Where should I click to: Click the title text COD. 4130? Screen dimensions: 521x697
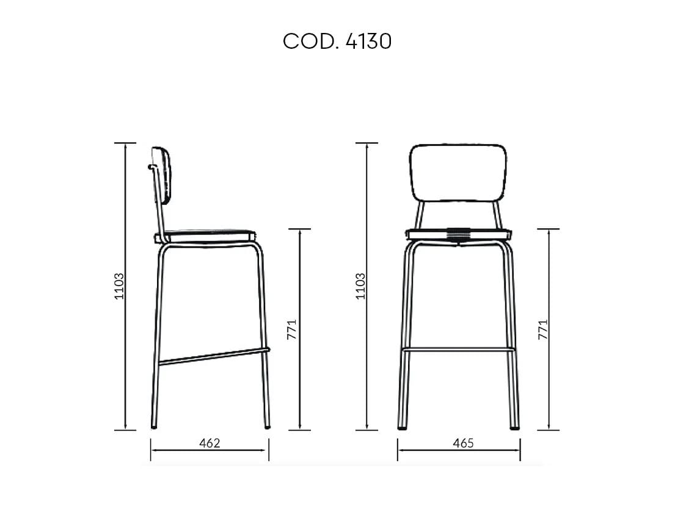pos(337,41)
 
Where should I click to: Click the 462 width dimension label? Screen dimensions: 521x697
pos(209,443)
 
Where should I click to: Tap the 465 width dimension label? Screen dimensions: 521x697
pos(463,443)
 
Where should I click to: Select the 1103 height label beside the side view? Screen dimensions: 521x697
pos(119,286)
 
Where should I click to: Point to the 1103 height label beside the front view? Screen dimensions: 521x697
pos(360,286)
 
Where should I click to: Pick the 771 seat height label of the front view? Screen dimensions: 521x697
pos(543,329)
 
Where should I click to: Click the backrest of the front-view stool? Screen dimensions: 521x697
pos(458,172)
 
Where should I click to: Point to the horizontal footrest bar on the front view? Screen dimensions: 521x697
pos(458,350)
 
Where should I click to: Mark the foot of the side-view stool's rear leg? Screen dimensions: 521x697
pos(154,426)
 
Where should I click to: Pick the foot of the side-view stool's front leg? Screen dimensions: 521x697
pos(267,426)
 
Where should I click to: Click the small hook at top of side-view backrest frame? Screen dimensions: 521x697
pos(150,166)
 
